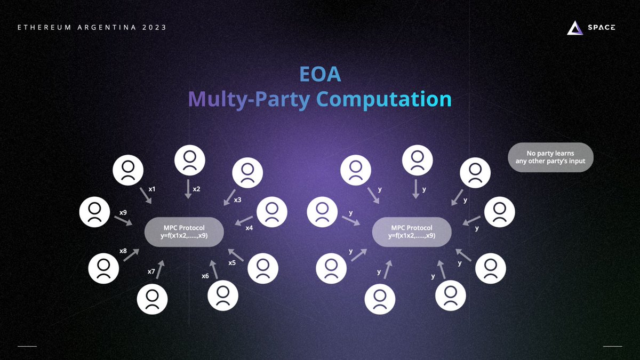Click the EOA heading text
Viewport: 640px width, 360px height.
[x=320, y=75]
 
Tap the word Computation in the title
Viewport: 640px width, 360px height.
[x=383, y=100]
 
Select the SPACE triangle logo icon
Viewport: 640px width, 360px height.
[x=575, y=28]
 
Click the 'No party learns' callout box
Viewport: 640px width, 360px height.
[x=550, y=157]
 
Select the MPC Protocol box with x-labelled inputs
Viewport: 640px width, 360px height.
[x=185, y=231]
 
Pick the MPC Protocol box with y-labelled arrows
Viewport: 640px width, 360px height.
[x=412, y=231]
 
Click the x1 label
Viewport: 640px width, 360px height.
[x=152, y=189]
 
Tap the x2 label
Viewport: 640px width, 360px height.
[x=196, y=189]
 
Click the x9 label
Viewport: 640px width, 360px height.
[x=123, y=212]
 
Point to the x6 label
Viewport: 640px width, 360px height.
[x=205, y=276]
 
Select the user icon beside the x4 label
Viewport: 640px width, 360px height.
[x=272, y=212]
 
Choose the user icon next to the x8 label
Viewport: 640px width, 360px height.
[x=103, y=268]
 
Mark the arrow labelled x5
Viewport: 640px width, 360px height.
[x=236, y=254]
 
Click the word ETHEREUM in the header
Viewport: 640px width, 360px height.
[x=41, y=27]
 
